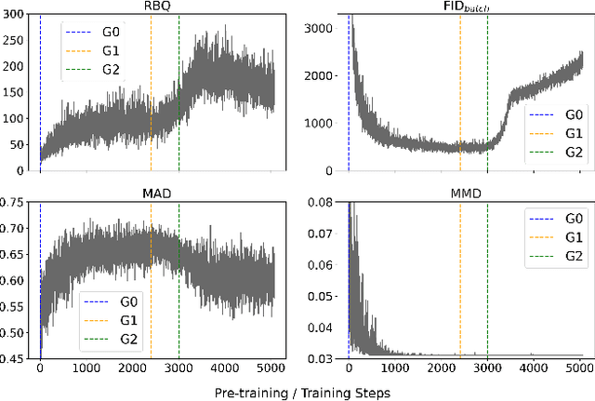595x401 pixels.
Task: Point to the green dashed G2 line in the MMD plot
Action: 487,279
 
